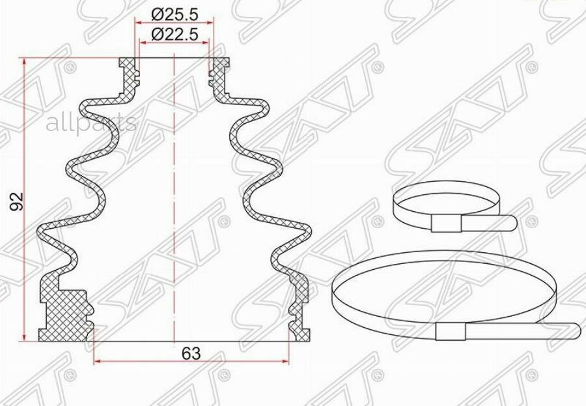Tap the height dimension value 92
click(19, 201)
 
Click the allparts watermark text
click(91, 122)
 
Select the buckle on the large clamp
click(451, 332)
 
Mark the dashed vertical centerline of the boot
click(174, 196)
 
